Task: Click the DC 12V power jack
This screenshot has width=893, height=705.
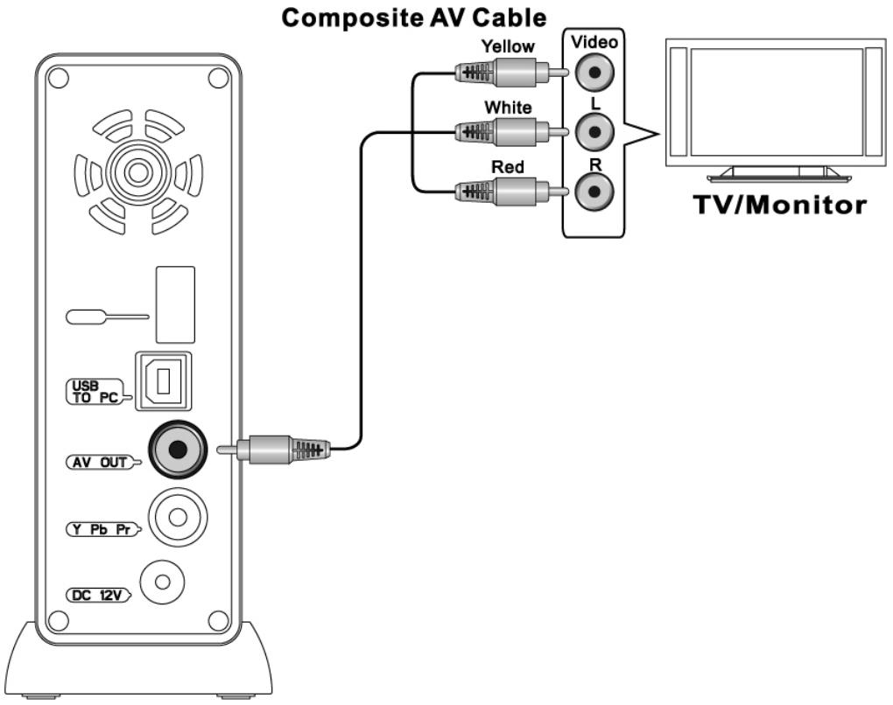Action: (160, 581)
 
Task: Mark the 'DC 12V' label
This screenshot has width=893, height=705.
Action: (96, 595)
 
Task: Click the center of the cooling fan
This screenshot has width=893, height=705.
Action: (137, 171)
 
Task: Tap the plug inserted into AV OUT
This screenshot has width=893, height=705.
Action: (280, 450)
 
